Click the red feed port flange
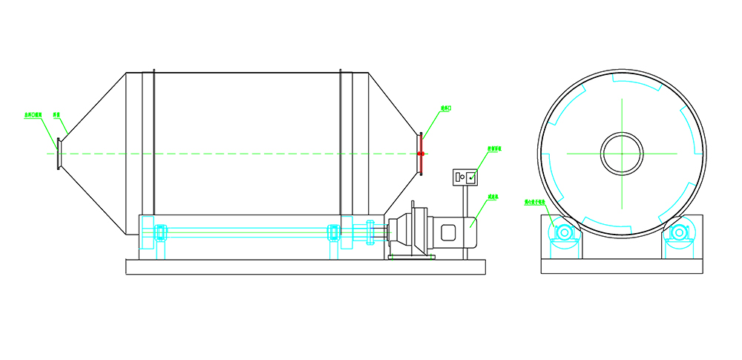(421, 154)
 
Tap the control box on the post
(464, 177)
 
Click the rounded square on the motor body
(450, 232)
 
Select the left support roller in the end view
(564, 233)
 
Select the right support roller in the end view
(678, 233)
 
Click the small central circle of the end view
(622, 154)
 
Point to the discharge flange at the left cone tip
(59, 154)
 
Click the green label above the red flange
(446, 108)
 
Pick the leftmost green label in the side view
(34, 115)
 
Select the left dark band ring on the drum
(154, 141)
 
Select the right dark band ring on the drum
(341, 141)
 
